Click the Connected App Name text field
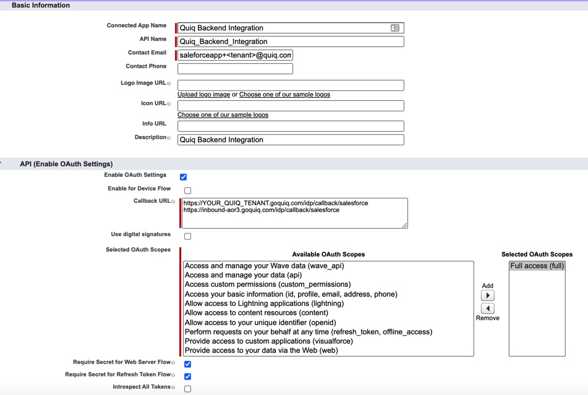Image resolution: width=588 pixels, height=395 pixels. point(284,28)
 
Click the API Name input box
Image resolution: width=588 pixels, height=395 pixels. point(291,41)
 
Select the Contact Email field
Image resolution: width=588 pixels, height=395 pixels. point(235,55)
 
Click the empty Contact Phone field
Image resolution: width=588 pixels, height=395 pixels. point(235,69)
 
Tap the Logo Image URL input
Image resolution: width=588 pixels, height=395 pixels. point(291,85)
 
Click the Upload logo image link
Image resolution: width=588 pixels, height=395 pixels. point(203,95)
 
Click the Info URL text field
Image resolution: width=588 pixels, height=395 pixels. point(291,126)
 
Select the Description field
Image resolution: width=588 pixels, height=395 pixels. point(291,140)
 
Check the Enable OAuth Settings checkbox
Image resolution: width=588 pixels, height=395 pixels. point(183,177)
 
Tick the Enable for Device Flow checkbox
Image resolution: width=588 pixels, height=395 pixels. point(187,190)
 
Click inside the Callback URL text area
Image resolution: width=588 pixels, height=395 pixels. point(295,213)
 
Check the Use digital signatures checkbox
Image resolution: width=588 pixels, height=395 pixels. point(187,236)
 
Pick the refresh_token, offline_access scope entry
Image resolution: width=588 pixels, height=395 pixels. point(308,332)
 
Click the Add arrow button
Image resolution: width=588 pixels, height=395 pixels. point(487,295)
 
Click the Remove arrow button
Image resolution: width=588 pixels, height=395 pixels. point(487,308)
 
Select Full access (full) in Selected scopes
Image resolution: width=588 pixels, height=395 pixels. point(537,266)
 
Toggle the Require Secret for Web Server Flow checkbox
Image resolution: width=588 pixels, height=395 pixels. point(187,364)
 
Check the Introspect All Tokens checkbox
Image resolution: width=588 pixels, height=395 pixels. point(187,389)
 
